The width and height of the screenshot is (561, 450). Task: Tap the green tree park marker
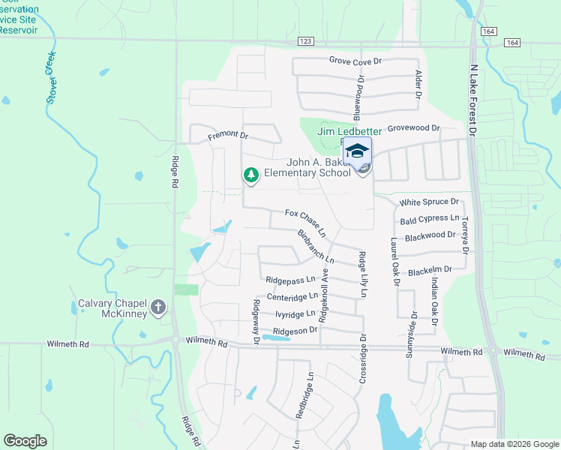tap(251, 175)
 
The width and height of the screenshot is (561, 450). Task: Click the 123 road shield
tap(304, 42)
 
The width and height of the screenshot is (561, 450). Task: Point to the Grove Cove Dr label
tap(355, 60)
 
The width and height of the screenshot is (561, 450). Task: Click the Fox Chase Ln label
tap(309, 220)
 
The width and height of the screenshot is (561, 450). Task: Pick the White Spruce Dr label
tap(429, 202)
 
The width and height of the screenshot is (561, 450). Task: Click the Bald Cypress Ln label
tap(429, 218)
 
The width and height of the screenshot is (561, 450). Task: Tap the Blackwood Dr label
tap(430, 235)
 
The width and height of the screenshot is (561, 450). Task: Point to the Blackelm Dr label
tap(430, 269)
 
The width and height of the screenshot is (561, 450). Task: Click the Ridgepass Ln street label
tap(290, 280)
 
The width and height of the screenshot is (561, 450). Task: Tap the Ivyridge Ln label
tap(295, 314)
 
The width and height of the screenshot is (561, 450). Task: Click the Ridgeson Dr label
tap(295, 331)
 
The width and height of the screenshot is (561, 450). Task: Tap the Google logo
tap(25, 441)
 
